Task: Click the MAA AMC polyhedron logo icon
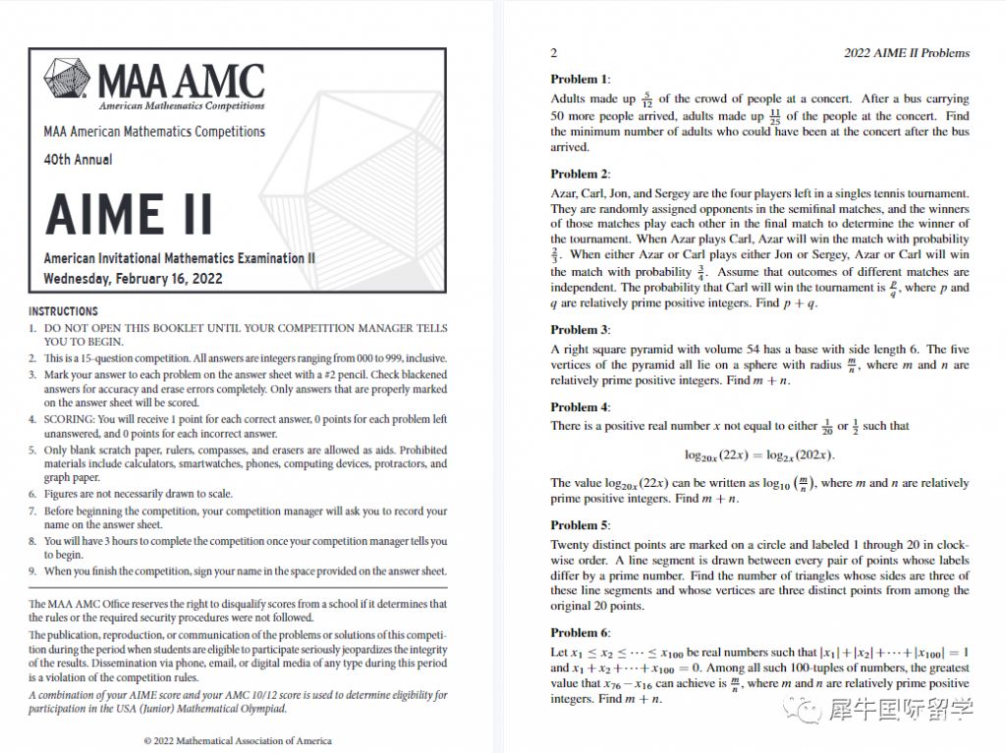pyautogui.click(x=69, y=82)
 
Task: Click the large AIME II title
pyautogui.click(x=129, y=213)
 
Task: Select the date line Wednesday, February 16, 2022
pyautogui.click(x=134, y=278)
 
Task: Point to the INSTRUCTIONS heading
pyautogui.click(x=63, y=311)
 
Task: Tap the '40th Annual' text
pyautogui.click(x=78, y=159)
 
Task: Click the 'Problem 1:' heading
pyautogui.click(x=580, y=80)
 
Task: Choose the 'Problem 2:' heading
pyautogui.click(x=580, y=174)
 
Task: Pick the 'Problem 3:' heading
pyautogui.click(x=580, y=330)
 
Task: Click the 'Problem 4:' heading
pyautogui.click(x=580, y=407)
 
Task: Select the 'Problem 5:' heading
pyautogui.click(x=580, y=525)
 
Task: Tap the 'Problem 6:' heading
pyautogui.click(x=580, y=632)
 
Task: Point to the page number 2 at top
pyautogui.click(x=554, y=53)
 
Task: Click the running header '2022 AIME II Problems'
pyautogui.click(x=906, y=53)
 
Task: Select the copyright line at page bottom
pyautogui.click(x=238, y=740)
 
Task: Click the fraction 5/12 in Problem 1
pyautogui.click(x=645, y=100)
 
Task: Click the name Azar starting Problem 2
pyautogui.click(x=564, y=193)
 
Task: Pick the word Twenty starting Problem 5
pyautogui.click(x=571, y=545)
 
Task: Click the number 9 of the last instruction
pyautogui.click(x=32, y=570)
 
